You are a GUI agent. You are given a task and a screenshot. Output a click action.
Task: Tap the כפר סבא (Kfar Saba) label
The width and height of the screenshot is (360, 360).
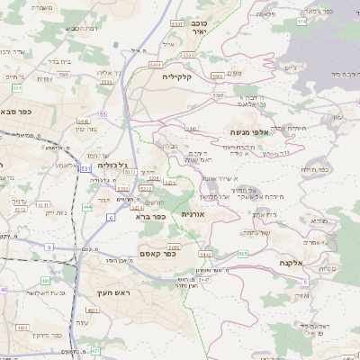coord(16,112)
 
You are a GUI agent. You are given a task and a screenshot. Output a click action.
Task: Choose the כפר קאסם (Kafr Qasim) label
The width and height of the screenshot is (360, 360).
coord(157,255)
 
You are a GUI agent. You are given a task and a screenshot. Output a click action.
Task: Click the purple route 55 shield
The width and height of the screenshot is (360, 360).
coord(103,114)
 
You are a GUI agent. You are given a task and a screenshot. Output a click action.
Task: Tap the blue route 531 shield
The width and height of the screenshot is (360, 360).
coord(85,167)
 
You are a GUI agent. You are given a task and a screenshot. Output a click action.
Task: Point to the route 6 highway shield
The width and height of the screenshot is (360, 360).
coord(111,218)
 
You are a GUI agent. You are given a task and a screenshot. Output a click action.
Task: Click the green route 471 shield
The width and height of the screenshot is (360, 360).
coord(95,351)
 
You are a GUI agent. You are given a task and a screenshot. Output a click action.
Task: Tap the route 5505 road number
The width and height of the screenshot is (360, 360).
coord(218,94)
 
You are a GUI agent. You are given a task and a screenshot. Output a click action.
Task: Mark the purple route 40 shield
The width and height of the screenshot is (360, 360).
coord(4,290)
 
